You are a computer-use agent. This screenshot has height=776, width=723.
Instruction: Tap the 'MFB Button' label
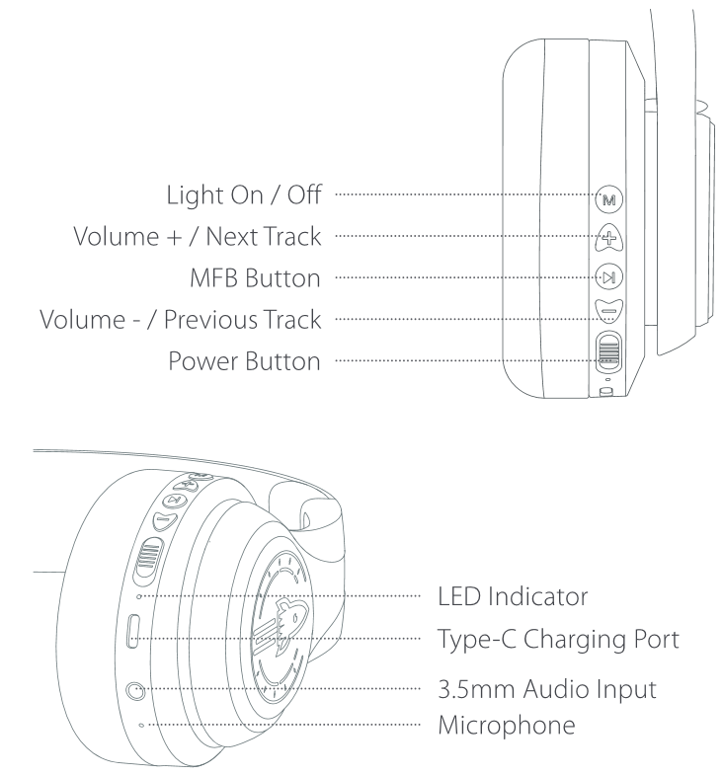(x=254, y=278)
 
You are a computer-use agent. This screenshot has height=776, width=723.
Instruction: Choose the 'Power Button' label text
(x=237, y=360)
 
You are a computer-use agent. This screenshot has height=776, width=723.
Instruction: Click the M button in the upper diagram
(x=608, y=199)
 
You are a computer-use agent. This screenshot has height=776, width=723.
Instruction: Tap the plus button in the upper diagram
(x=608, y=237)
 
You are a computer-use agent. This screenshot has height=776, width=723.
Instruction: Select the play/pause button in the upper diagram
(x=608, y=277)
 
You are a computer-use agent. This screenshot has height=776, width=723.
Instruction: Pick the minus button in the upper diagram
(x=608, y=315)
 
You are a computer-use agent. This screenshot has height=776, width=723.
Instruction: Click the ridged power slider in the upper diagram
(x=608, y=352)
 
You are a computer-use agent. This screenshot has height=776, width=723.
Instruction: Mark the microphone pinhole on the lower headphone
(x=141, y=726)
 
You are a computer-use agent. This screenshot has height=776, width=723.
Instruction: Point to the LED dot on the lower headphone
(x=139, y=596)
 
